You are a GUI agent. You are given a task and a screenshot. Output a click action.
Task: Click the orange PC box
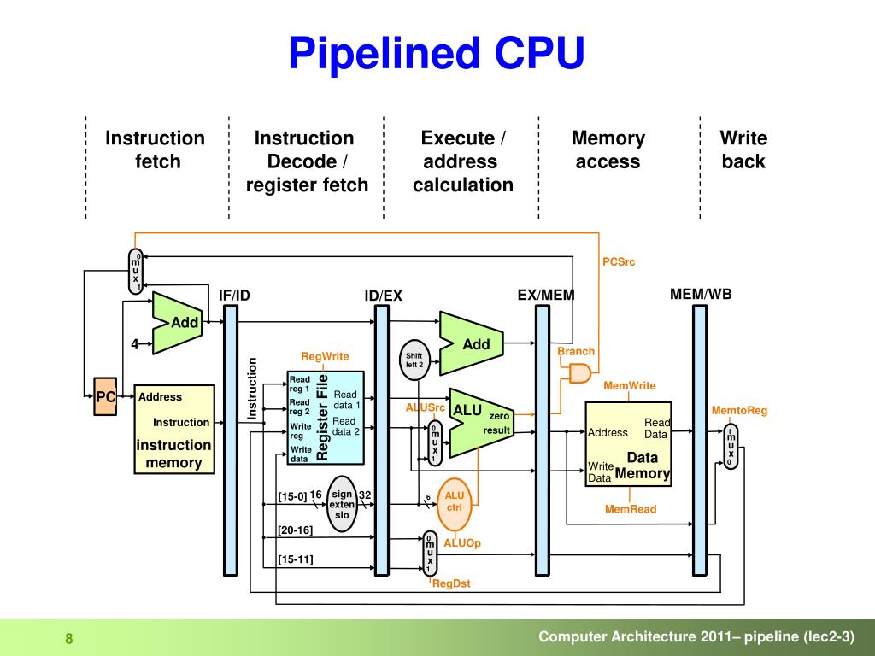tap(105, 396)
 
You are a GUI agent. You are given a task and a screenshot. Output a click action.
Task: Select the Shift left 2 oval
tap(414, 360)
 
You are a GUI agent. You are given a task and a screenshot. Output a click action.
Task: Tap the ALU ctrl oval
tap(455, 504)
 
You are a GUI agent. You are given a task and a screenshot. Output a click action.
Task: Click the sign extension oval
tap(342, 504)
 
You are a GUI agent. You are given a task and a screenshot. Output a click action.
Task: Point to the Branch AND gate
tap(580, 373)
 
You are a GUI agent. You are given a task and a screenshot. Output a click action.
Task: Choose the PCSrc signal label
tap(619, 261)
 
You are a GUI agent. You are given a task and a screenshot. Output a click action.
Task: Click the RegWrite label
tap(325, 356)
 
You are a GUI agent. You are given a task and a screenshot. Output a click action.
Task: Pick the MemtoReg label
tap(739, 411)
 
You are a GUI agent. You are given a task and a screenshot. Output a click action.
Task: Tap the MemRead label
tap(631, 509)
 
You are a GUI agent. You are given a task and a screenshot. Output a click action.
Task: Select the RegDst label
tap(451, 583)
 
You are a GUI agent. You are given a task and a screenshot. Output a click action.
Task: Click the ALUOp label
tap(462, 542)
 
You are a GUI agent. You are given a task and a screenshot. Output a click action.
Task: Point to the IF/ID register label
tap(234, 295)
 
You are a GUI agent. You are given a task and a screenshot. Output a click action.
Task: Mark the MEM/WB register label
tap(701, 294)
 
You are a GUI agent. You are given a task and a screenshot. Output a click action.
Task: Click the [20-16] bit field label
tap(295, 530)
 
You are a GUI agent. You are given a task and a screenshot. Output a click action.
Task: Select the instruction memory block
tap(174, 429)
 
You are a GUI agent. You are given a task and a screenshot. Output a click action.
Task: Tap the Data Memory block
tap(628, 444)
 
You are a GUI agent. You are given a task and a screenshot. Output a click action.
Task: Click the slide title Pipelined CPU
tap(437, 54)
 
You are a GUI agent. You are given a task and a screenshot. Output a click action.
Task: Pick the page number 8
tap(69, 639)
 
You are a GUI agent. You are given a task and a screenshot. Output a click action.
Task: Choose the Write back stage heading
tap(743, 149)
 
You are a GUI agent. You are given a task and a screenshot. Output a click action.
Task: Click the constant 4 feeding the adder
tap(134, 344)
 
